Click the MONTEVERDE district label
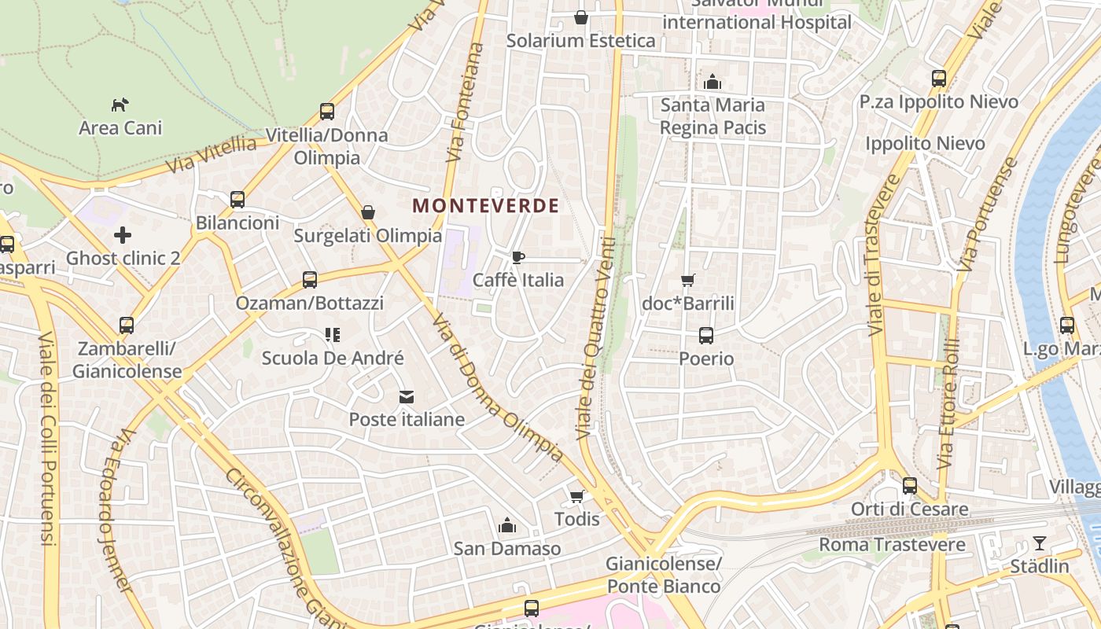pos(485,206)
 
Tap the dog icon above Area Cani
pos(120,104)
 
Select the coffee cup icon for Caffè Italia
pos(517,257)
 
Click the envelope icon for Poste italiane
pos(406,397)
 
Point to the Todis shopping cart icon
pos(576,496)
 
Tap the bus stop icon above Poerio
pos(705,336)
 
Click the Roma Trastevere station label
pos(892,544)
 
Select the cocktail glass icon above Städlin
pos(1040,543)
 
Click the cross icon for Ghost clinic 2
pos(122,234)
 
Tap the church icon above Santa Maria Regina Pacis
pos(713,81)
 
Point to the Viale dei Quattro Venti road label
pos(595,338)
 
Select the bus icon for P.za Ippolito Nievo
pos(938,79)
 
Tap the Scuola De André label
pos(333,358)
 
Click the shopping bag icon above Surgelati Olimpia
pos(367,212)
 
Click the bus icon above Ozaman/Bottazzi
pos(310,279)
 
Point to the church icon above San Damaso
pos(507,524)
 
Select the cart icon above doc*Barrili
pos(688,280)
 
